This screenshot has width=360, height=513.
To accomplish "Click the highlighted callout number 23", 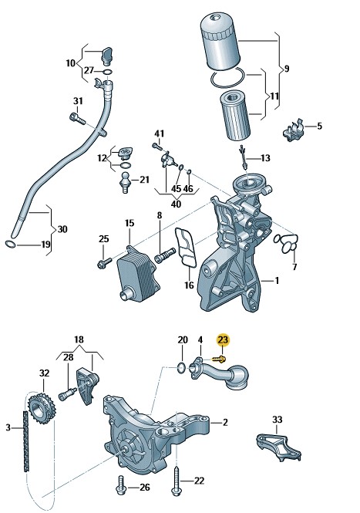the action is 223,340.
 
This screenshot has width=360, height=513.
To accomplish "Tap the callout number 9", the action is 287,69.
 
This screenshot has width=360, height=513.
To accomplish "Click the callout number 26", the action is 144,488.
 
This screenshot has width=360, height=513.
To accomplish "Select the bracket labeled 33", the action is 278,447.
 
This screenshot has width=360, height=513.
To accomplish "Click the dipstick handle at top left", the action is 107,55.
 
